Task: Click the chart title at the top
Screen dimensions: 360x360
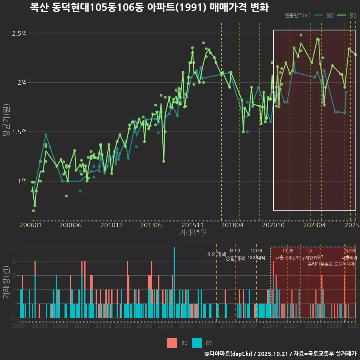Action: point(149,7)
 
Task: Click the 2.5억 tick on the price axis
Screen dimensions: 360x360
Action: point(19,33)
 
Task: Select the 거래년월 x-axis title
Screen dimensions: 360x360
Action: point(193,232)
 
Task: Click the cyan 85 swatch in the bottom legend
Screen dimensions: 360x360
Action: point(197,343)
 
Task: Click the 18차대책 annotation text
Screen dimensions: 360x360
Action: point(256,258)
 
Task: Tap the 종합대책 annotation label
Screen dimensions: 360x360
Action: point(235,258)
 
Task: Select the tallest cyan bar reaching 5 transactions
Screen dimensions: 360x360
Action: point(174,282)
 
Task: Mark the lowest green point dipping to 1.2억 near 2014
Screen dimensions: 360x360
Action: point(163,161)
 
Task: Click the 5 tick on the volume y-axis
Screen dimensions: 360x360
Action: point(13,247)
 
